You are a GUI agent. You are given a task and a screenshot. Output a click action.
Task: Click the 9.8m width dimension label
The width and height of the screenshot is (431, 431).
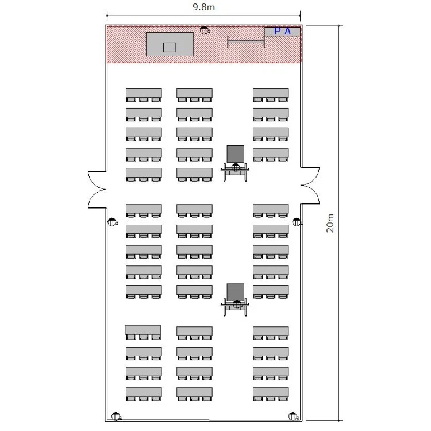tap(203, 7)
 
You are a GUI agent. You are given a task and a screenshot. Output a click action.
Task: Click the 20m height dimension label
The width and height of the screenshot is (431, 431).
tap(330, 223)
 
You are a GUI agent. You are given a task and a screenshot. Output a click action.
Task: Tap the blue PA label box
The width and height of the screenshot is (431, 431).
tap(282, 32)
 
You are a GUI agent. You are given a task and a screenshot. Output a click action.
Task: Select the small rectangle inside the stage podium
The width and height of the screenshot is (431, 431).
tap(170, 47)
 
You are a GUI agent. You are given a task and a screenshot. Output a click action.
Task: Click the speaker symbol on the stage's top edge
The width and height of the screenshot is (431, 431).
tap(204, 30)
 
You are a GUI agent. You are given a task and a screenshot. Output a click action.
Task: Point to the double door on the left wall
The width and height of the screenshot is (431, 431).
tap(97, 190)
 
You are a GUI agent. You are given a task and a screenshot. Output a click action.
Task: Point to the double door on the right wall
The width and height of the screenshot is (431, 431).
tap(310, 185)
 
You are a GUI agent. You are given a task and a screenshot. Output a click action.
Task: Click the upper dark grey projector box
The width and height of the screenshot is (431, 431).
tap(235, 154)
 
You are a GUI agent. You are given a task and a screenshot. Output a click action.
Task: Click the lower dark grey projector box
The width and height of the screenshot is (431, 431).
tap(235, 292)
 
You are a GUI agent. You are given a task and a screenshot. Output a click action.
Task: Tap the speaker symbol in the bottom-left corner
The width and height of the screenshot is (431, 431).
tap(116, 417)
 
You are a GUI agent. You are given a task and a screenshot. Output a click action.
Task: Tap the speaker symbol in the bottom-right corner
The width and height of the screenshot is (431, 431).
tap(293, 417)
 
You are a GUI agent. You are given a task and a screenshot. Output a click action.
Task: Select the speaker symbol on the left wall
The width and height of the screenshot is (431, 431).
tap(112, 222)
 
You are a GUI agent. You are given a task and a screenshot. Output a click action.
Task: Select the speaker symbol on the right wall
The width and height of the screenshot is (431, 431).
tap(297, 222)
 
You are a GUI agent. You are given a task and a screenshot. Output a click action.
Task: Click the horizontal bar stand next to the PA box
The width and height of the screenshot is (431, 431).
tap(247, 42)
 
